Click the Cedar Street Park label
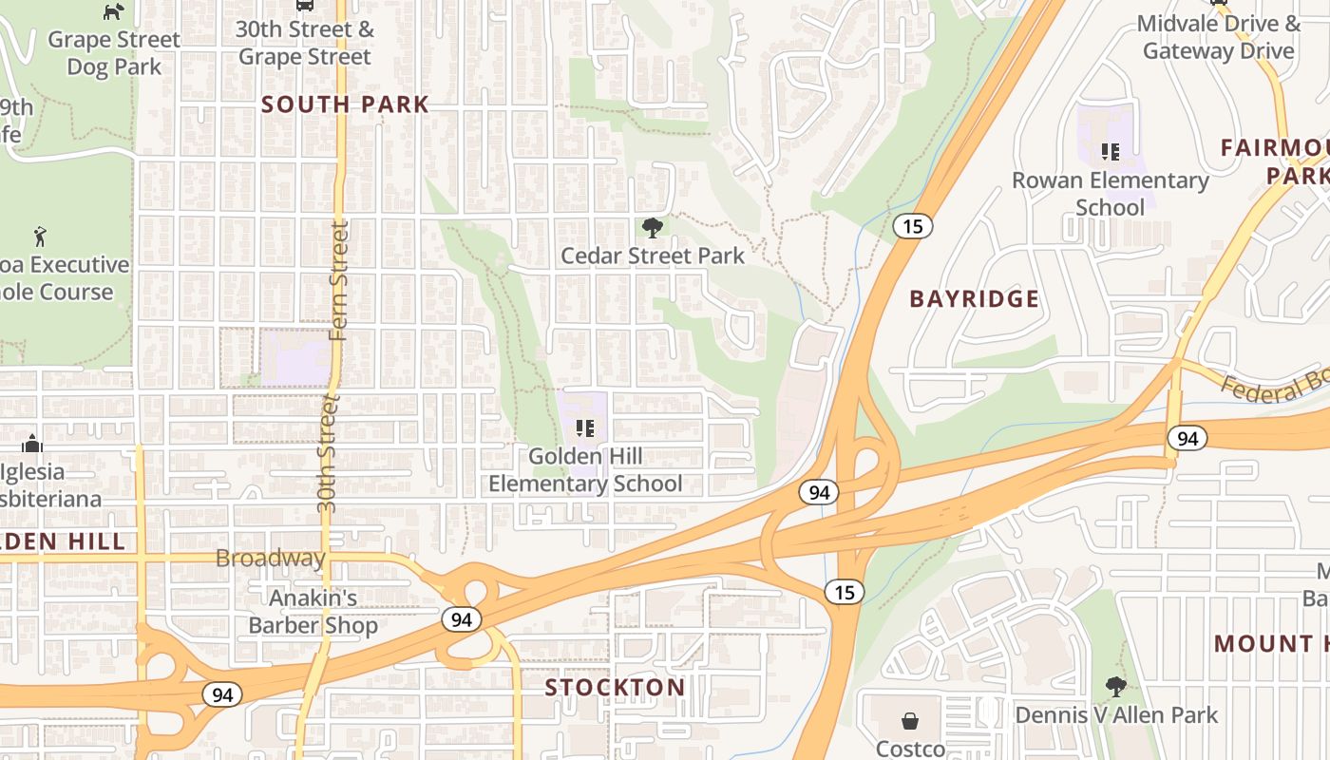tap(653, 256)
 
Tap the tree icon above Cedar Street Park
tap(652, 227)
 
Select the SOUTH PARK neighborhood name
tap(345, 104)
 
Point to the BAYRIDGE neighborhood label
tap(974, 299)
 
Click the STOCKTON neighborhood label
tap(615, 687)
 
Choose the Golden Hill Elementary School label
tap(585, 470)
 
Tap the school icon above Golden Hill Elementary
tap(585, 428)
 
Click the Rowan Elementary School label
tap(1110, 194)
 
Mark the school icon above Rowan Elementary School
tap(1110, 151)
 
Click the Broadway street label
tap(271, 558)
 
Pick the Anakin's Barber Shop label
tap(313, 612)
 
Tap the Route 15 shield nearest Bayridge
tap(912, 226)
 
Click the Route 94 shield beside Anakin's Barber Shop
tap(461, 620)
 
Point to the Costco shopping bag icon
tap(910, 721)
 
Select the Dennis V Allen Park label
tap(1116, 714)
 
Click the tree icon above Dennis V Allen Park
tap(1116, 686)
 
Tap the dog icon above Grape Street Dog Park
tap(113, 11)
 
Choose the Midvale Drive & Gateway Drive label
tap(1219, 37)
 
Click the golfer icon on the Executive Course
tap(40, 236)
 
